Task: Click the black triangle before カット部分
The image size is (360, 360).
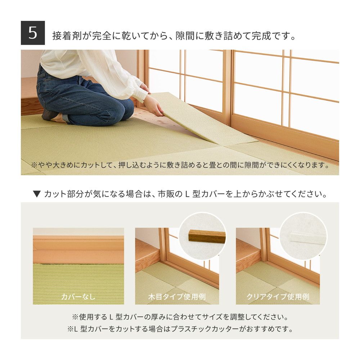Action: tap(36, 194)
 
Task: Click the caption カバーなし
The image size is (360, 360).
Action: tap(78, 297)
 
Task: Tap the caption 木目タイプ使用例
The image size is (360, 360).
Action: tap(177, 297)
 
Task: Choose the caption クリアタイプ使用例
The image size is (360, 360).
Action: tap(278, 297)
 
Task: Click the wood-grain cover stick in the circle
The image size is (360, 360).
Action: tap(207, 236)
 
